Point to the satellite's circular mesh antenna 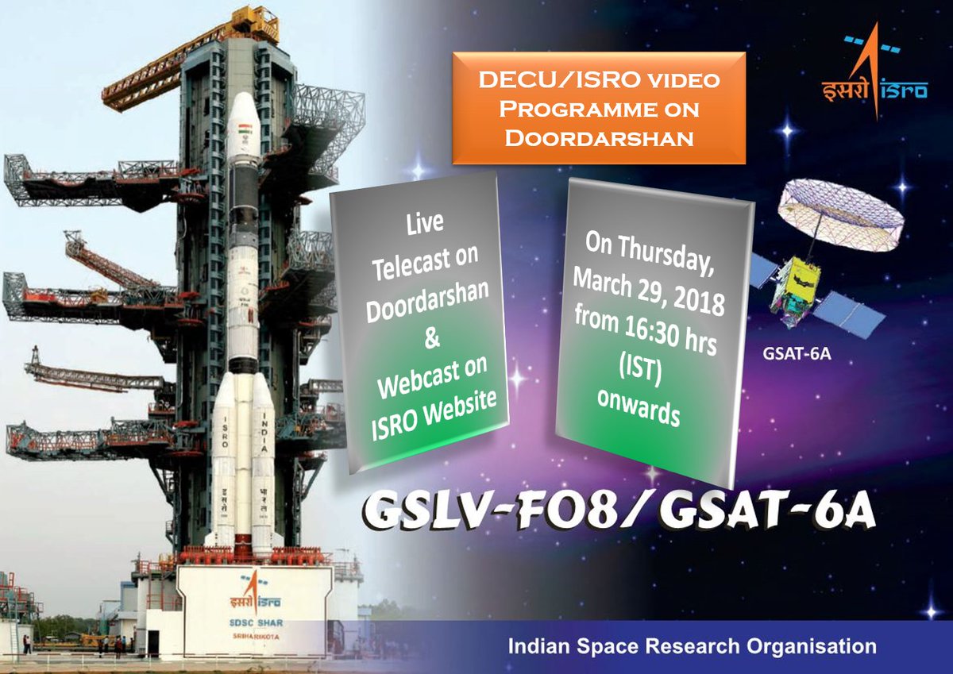839,204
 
